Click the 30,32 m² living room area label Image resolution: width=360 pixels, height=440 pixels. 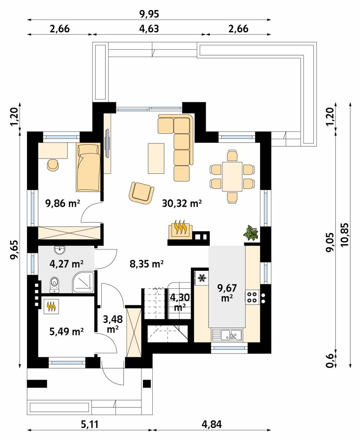click(182, 203)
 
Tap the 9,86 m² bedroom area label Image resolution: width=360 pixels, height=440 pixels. click(63, 203)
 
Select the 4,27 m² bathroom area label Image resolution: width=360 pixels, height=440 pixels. click(66, 264)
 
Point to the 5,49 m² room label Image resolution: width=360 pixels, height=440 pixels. click(66, 332)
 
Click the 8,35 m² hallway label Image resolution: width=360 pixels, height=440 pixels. click(147, 264)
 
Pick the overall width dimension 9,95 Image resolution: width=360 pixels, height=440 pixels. click(149, 14)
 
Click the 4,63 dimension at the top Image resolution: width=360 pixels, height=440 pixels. click(149, 29)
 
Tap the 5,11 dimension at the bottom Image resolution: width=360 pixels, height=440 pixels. click(90, 424)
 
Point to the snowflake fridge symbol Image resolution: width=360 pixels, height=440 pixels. click(202, 278)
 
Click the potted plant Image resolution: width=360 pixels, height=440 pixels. click(251, 232)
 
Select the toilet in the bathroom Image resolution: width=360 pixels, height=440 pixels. click(54, 285)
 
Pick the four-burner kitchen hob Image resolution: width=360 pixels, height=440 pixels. click(252, 297)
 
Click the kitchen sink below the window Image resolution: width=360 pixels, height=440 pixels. click(227, 334)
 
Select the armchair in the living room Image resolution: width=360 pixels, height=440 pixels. click(142, 192)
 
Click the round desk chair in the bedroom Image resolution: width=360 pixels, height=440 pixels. click(53, 165)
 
